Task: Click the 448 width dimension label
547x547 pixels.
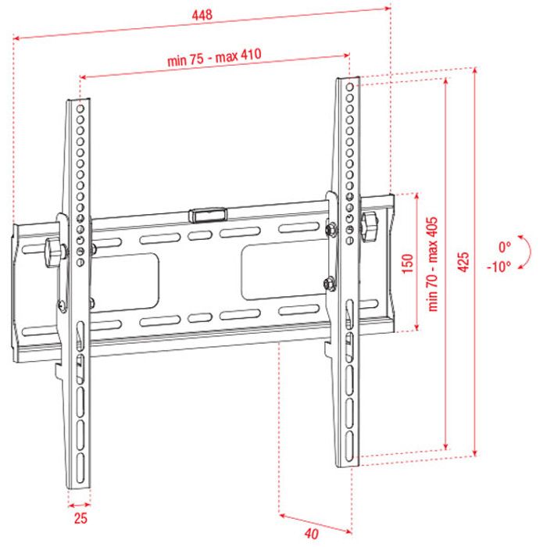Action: pyautogui.click(x=202, y=15)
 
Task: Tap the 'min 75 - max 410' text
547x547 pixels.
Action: pyautogui.click(x=214, y=57)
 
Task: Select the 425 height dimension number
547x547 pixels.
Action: pyautogui.click(x=463, y=262)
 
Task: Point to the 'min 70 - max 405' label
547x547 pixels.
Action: pyautogui.click(x=433, y=264)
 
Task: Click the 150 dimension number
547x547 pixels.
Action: pyautogui.click(x=407, y=264)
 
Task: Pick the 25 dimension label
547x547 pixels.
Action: pyautogui.click(x=80, y=518)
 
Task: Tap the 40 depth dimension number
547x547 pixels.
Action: pyautogui.click(x=312, y=534)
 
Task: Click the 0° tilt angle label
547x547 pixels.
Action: pyautogui.click(x=505, y=248)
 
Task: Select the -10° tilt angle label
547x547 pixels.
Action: pyautogui.click(x=499, y=267)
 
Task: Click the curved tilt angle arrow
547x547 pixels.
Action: pyautogui.click(x=530, y=251)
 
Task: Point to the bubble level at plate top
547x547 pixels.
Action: pyautogui.click(x=208, y=215)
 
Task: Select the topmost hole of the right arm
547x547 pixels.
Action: pyautogui.click(x=349, y=87)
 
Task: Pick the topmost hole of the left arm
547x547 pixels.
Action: pyautogui.click(x=80, y=109)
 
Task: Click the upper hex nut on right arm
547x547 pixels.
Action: pyautogui.click(x=331, y=230)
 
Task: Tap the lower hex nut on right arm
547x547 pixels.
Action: pyautogui.click(x=329, y=283)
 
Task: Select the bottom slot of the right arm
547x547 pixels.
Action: pyautogui.click(x=349, y=444)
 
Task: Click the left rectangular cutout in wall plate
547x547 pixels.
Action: pyautogui.click(x=126, y=281)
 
